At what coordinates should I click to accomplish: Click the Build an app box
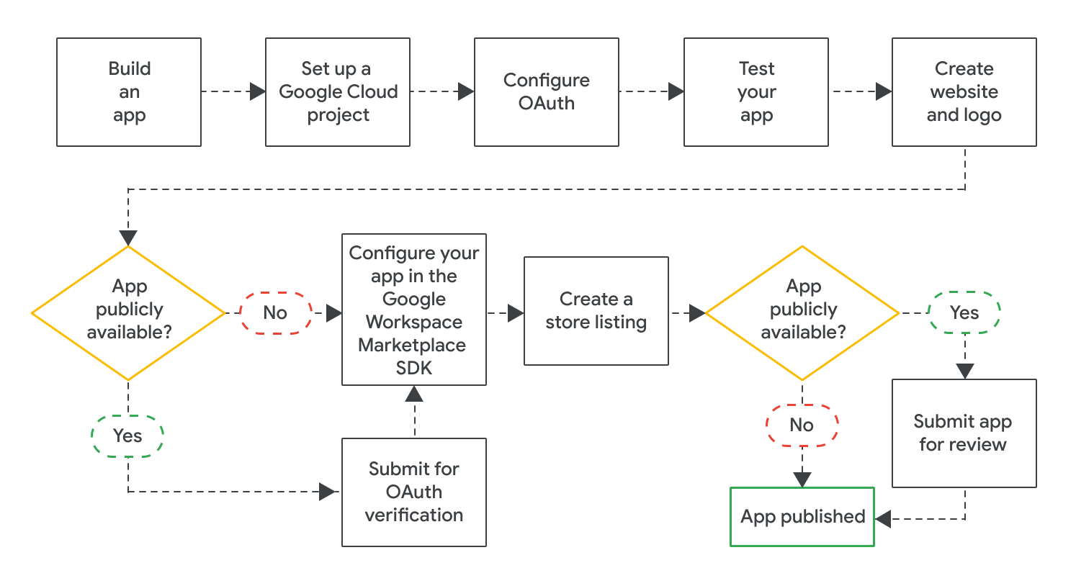click(x=129, y=92)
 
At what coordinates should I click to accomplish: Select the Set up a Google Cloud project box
click(x=338, y=92)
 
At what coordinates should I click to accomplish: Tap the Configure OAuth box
click(x=546, y=92)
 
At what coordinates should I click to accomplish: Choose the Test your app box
click(x=756, y=92)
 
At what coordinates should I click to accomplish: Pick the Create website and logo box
click(x=964, y=92)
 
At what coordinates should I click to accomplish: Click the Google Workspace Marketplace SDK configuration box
click(x=414, y=310)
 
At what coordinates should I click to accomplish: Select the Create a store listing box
click(x=596, y=311)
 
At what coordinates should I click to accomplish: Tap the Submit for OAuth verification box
click(x=414, y=492)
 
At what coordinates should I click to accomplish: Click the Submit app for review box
click(x=964, y=433)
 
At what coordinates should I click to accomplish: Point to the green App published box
click(x=802, y=517)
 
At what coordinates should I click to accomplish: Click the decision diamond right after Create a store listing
click(x=802, y=312)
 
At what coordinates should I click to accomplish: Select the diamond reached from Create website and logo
click(x=128, y=312)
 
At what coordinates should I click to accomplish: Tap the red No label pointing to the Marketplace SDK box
click(x=276, y=312)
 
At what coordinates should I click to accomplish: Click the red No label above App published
click(x=802, y=425)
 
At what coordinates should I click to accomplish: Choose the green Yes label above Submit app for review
click(x=964, y=312)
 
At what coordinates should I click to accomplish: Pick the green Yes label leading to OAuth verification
click(x=127, y=436)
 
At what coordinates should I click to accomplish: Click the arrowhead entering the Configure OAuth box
click(x=465, y=91)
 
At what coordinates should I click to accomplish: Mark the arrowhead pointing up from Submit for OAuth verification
click(x=414, y=394)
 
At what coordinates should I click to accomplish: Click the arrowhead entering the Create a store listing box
click(x=516, y=312)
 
